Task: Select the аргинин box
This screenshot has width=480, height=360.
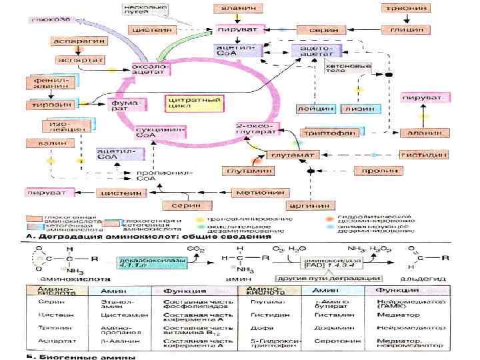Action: pos(308,204)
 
